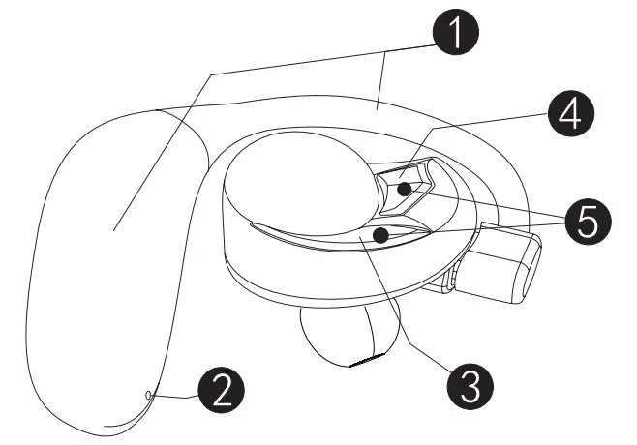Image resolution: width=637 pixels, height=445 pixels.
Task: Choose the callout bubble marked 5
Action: pos(588,223)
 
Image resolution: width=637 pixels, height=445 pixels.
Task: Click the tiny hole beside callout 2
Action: pos(147,395)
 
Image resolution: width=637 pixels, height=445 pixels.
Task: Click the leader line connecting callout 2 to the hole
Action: pos(174,396)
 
